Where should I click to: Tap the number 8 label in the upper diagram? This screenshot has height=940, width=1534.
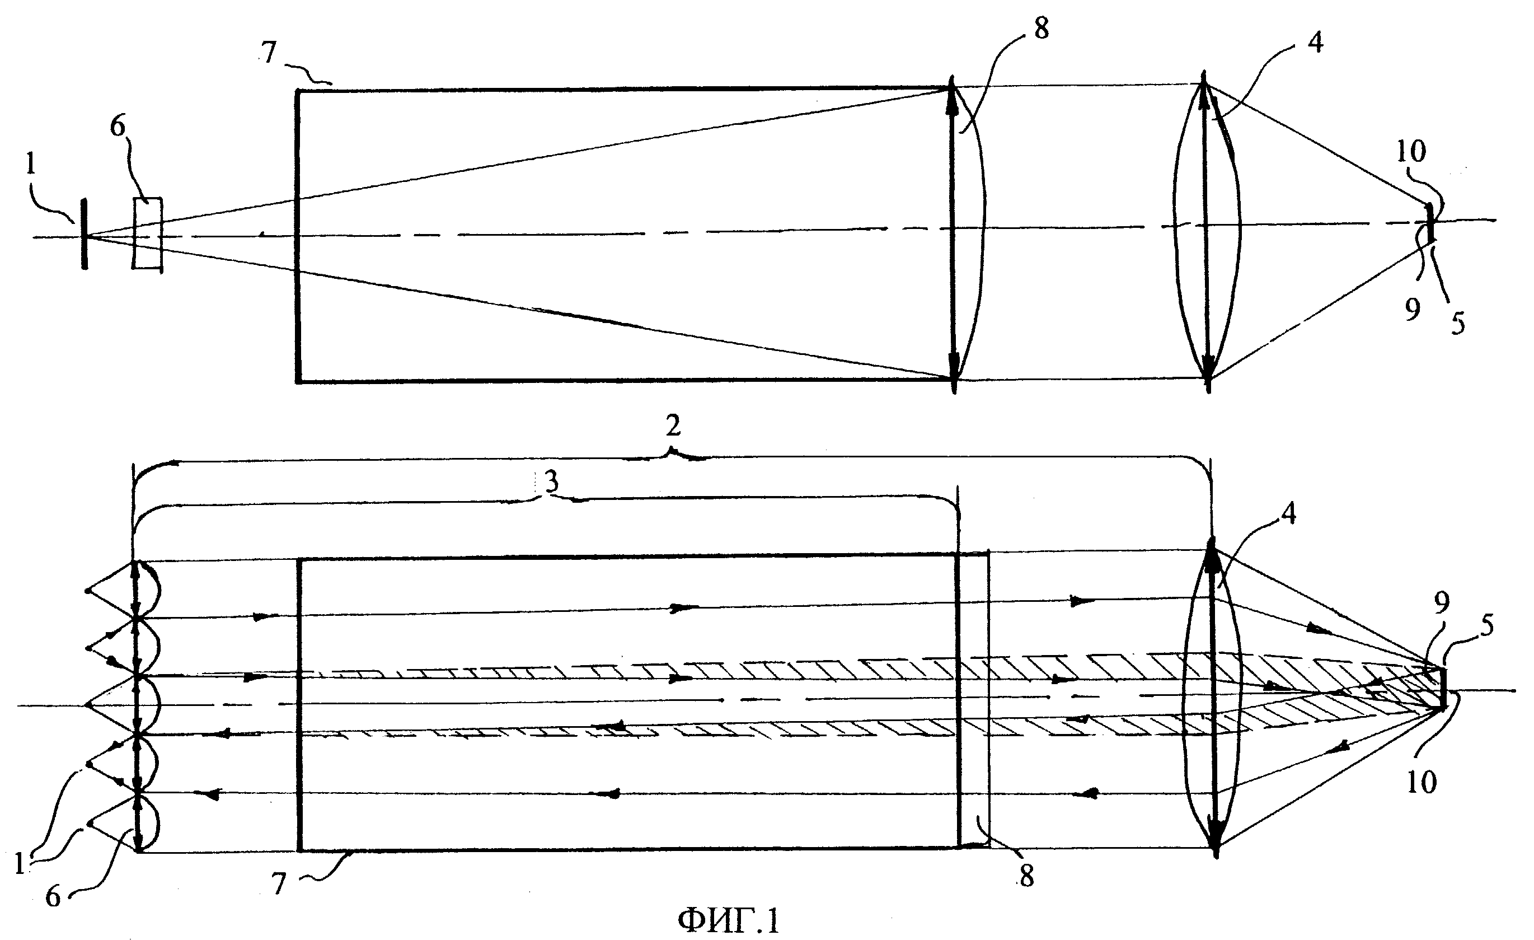pyautogui.click(x=1041, y=28)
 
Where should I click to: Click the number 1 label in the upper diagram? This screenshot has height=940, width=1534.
pyautogui.click(x=31, y=165)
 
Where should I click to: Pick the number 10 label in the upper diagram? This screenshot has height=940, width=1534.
pyautogui.click(x=1411, y=151)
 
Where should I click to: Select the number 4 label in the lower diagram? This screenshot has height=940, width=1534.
pyautogui.click(x=1289, y=513)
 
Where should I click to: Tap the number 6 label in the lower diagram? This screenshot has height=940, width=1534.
pyautogui.click(x=54, y=897)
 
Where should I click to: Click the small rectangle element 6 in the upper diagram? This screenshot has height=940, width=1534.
pyautogui.click(x=147, y=233)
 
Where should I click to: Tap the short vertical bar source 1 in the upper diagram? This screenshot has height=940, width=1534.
pyautogui.click(x=84, y=233)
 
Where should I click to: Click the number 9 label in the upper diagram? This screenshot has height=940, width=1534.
pyautogui.click(x=1413, y=308)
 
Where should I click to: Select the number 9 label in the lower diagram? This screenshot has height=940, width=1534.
pyautogui.click(x=1442, y=602)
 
